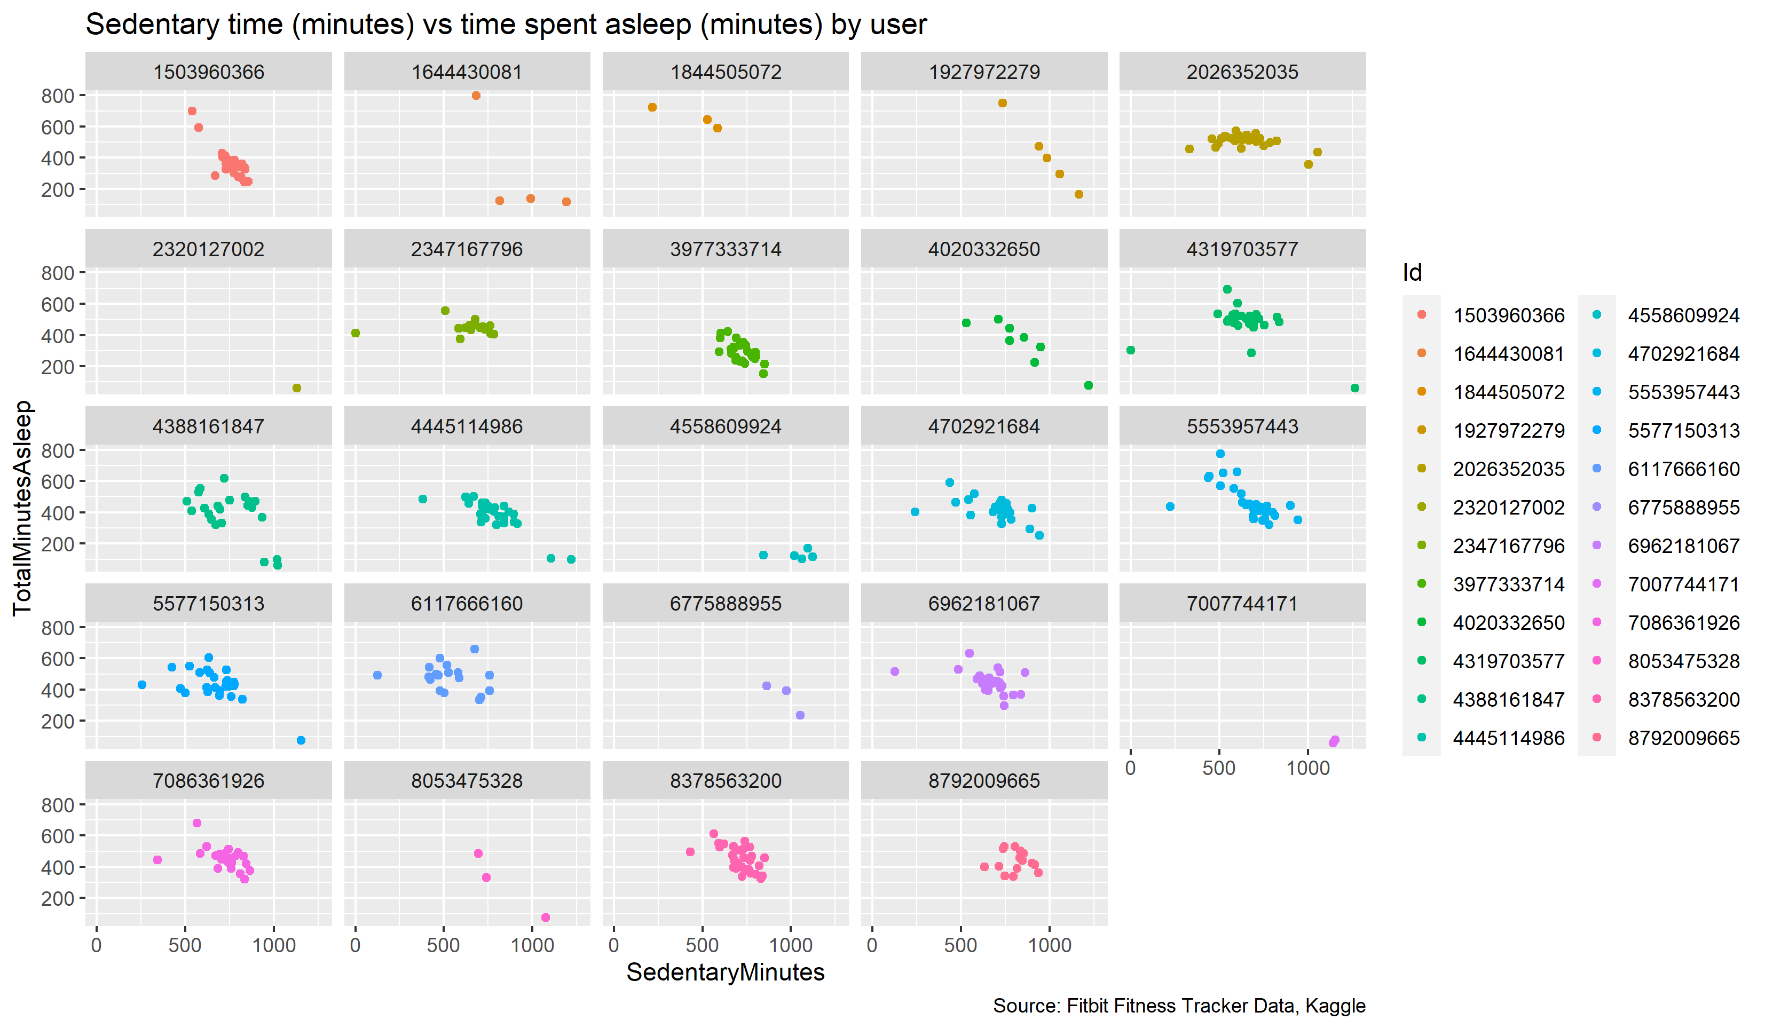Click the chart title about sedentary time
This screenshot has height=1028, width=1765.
point(506,25)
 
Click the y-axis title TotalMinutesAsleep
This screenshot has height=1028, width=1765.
point(22,508)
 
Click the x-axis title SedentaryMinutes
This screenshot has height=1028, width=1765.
point(725,972)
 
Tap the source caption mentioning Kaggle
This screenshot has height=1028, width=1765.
point(1178,1006)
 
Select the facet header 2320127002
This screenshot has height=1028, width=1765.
point(208,249)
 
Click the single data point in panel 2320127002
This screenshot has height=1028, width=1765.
point(296,388)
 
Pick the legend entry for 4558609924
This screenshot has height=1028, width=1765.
point(1682,315)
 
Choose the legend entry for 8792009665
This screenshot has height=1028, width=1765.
point(1682,738)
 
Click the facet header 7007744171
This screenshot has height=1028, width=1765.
point(1242,604)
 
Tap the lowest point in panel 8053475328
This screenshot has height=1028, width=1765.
point(546,918)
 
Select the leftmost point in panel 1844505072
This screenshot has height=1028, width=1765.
point(652,107)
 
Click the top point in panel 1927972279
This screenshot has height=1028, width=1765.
point(1002,103)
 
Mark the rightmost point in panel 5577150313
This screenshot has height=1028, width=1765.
point(301,740)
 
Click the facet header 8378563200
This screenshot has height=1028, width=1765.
point(725,781)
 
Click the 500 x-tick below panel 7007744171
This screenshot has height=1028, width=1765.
point(1219,768)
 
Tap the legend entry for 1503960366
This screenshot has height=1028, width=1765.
point(1508,315)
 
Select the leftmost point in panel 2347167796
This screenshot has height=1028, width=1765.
point(356,334)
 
